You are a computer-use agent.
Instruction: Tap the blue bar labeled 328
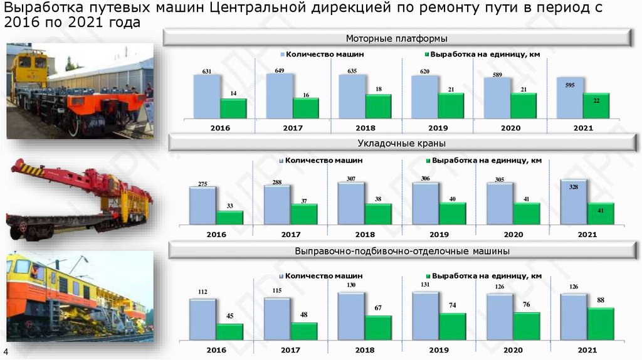[x=574, y=201]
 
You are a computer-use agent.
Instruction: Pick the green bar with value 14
[x=233, y=108]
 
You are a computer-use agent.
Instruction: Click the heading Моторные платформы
[x=397, y=38]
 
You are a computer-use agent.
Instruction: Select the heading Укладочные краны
[x=397, y=144]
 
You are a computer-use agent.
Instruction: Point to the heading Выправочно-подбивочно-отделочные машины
[x=402, y=251]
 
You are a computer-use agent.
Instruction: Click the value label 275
[x=202, y=184]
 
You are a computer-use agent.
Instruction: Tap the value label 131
[x=424, y=285]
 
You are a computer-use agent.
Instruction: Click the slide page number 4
[x=6, y=351]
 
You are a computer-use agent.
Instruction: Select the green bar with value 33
[x=229, y=217]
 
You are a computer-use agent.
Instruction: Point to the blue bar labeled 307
[x=350, y=203]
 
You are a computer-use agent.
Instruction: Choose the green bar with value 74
[x=452, y=327]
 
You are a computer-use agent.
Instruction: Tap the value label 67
[x=378, y=309]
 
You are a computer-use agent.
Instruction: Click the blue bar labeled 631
[x=207, y=96]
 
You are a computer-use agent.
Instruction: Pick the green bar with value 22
[x=596, y=105]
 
